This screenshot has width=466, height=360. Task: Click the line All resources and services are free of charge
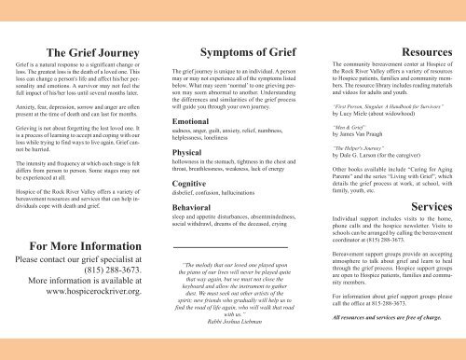[x=387, y=343]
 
